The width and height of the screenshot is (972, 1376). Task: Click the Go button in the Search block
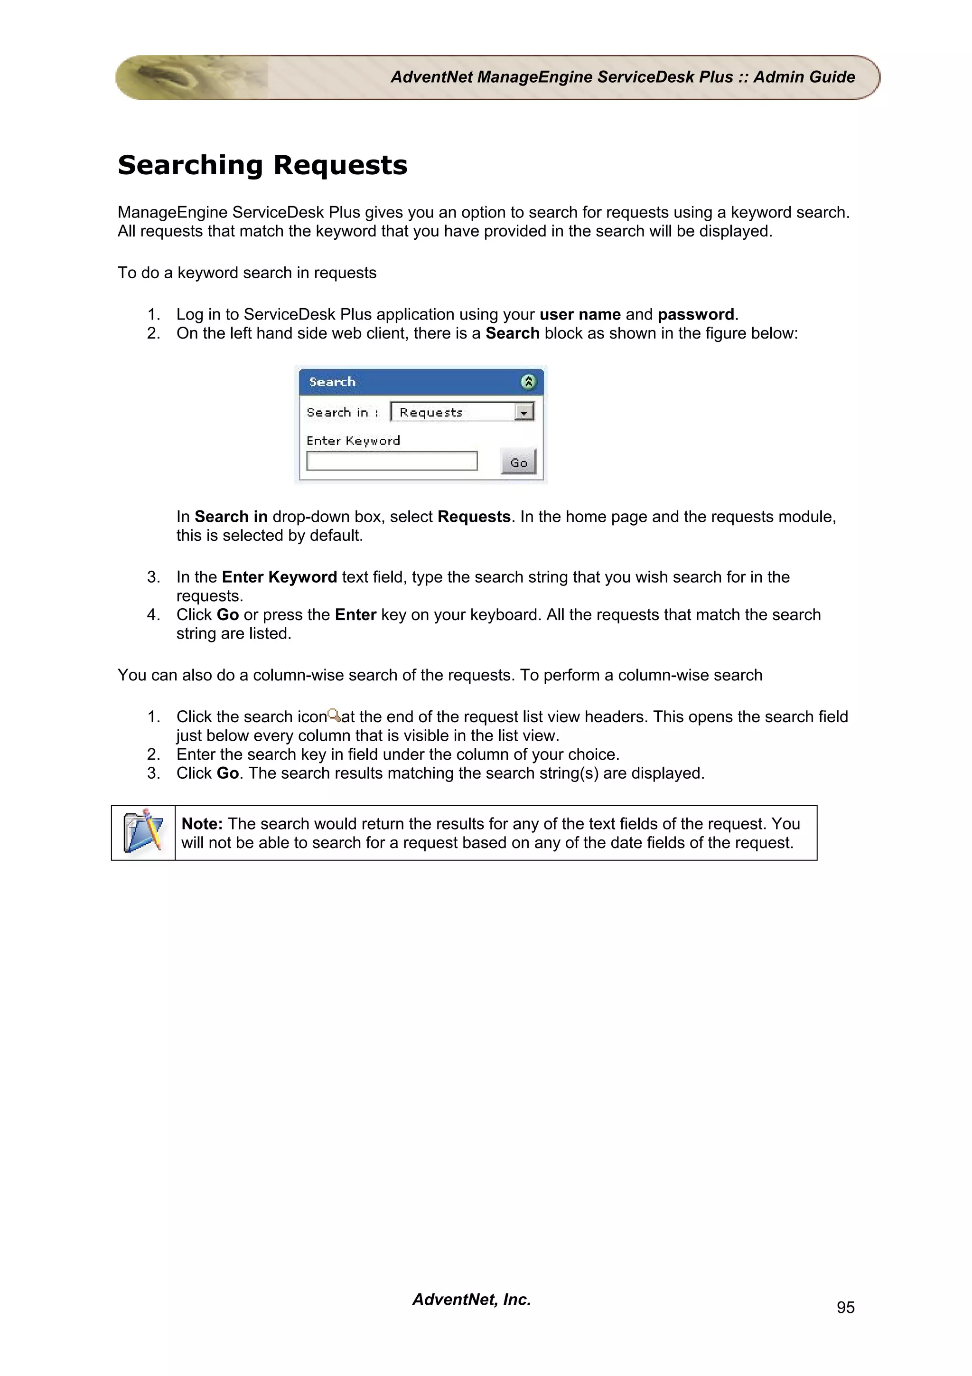tap(518, 462)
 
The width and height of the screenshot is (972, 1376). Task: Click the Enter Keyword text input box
tap(392, 461)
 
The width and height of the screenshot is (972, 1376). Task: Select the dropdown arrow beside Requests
tap(524, 412)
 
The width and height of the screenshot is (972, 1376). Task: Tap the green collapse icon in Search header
tap(528, 382)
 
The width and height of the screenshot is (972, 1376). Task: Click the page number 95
tap(845, 1307)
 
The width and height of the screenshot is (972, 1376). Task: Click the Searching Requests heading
tap(262, 165)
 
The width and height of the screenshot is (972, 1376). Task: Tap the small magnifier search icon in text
tap(334, 716)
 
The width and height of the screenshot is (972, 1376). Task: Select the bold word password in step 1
tap(695, 315)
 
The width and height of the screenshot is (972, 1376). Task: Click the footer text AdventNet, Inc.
tap(471, 1299)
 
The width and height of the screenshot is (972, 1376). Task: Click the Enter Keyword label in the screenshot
tap(353, 441)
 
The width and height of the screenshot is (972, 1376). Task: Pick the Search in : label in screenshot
tap(342, 412)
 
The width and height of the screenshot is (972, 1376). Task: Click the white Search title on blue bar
tap(332, 382)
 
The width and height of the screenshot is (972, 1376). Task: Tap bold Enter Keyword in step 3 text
tap(279, 577)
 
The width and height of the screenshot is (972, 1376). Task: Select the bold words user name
tap(579, 315)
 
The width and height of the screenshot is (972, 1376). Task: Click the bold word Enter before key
tap(355, 615)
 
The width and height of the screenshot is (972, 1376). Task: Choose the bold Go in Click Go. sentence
tap(228, 773)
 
